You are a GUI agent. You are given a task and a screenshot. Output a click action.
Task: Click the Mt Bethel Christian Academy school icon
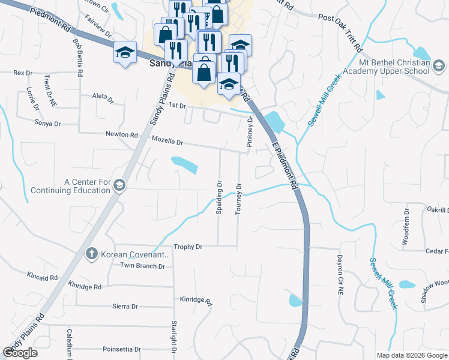point(439,66)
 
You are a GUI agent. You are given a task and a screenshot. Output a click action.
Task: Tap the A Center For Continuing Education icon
point(119,186)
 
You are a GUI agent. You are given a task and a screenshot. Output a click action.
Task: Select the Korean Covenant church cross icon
point(91,254)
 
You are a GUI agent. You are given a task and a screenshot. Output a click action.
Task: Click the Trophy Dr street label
point(188,247)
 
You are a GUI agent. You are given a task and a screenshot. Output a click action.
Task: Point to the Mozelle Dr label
point(167,142)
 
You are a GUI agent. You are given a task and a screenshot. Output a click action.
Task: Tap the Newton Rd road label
point(122,134)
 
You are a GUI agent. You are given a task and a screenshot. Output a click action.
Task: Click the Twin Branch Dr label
point(142,266)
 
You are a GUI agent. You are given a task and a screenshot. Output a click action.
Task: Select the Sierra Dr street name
point(125,307)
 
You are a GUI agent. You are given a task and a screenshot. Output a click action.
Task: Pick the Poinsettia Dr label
point(122,349)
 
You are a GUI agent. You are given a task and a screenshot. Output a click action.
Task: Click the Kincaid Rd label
point(42,278)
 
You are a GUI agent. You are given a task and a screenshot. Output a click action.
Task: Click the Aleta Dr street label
point(103,96)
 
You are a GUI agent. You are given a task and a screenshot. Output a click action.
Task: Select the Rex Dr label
point(23,73)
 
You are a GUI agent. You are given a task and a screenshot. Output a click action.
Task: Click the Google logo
point(20,353)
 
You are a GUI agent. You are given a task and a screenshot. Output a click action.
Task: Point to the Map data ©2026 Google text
point(412,355)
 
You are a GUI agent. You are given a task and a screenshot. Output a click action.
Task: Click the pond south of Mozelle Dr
point(185,164)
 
